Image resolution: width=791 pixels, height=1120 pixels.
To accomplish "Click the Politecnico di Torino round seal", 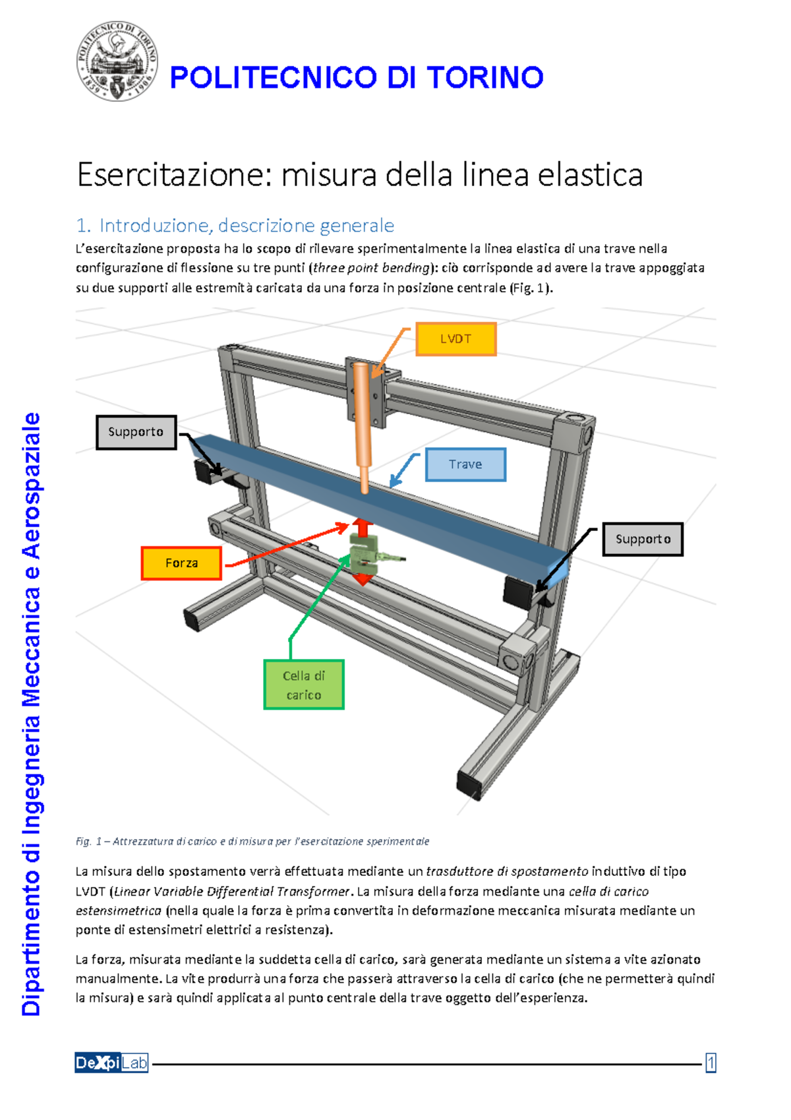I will tap(117, 61).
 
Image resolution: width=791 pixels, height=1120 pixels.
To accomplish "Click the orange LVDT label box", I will tap(455, 339).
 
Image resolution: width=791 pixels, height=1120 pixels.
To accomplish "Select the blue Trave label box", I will tap(465, 464).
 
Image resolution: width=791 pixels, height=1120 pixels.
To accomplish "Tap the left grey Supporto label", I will tap(136, 432).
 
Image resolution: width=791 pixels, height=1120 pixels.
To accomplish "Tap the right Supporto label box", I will tap(643, 539).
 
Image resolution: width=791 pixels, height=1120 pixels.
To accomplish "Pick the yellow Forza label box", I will tap(181, 563).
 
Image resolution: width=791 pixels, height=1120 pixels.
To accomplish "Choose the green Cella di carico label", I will tap(304, 685).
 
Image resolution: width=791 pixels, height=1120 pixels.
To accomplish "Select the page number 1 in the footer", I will tap(711, 1063).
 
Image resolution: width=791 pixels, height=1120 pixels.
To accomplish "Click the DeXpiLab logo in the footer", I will tap(111, 1063).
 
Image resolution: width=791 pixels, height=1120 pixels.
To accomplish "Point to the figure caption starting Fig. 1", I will tap(252, 841).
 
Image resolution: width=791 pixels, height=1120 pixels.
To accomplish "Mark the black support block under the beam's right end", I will tap(518, 590).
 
